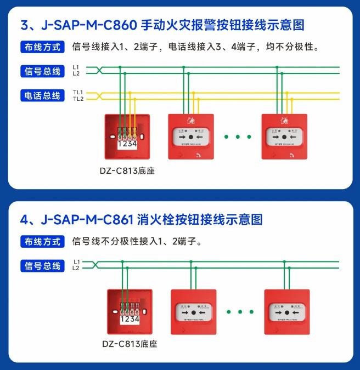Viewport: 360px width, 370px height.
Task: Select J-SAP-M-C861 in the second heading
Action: (x=88, y=220)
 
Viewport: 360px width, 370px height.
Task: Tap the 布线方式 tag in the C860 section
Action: (x=42, y=47)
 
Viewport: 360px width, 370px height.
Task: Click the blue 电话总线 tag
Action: (x=42, y=95)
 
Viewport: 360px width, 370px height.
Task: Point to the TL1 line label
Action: (x=77, y=92)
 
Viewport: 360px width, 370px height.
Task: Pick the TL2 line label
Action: (x=77, y=99)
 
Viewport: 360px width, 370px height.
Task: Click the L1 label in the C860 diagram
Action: (x=76, y=67)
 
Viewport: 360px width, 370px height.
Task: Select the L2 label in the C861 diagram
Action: (x=76, y=268)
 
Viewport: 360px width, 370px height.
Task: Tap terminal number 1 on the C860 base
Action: (x=120, y=144)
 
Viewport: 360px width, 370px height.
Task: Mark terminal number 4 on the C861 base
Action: (x=136, y=319)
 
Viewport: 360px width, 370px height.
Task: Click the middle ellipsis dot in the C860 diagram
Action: (x=238, y=136)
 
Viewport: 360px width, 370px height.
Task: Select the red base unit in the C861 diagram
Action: (x=129, y=311)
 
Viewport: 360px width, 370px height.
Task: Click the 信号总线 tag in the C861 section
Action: (x=42, y=266)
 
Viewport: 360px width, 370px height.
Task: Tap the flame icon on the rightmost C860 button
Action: (x=285, y=120)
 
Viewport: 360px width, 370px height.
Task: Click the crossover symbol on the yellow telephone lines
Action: (x=99, y=95)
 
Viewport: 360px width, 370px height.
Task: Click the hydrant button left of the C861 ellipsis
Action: (x=193, y=312)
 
